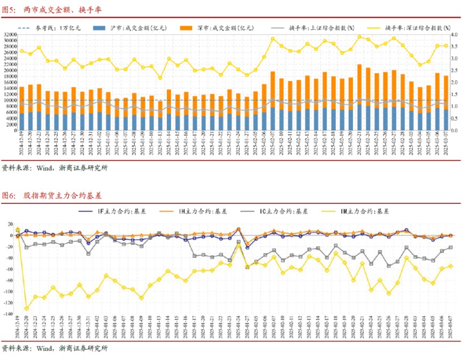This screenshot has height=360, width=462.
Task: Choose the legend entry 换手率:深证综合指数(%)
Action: [409, 27]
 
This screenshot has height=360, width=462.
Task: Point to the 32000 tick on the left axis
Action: [10, 34]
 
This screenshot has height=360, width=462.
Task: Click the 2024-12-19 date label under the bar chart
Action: [22, 144]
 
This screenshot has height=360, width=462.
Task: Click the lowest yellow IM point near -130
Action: [27, 309]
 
